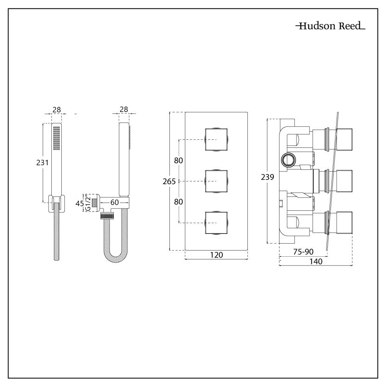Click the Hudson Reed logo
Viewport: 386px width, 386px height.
pyautogui.click(x=330, y=27)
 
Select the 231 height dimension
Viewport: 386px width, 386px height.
pyautogui.click(x=42, y=163)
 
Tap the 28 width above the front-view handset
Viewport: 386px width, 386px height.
pyautogui.click(x=57, y=110)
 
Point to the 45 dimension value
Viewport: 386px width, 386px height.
pyautogui.click(x=80, y=203)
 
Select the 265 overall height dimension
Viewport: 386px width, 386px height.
pyautogui.click(x=169, y=181)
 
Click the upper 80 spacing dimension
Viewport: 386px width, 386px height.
pyautogui.click(x=178, y=161)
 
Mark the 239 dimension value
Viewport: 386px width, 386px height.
pyautogui.click(x=267, y=178)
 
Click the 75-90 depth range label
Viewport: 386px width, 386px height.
pyautogui.click(x=303, y=252)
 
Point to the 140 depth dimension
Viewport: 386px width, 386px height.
pyautogui.click(x=316, y=262)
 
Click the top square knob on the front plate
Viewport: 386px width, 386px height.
pyautogui.click(x=216, y=140)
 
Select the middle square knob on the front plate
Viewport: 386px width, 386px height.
pyautogui.click(x=216, y=181)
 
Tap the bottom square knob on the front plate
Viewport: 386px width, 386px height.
pyautogui.click(x=216, y=222)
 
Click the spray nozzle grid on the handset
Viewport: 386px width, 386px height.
pyautogui.click(x=57, y=139)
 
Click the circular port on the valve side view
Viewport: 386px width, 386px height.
pyautogui.click(x=288, y=159)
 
